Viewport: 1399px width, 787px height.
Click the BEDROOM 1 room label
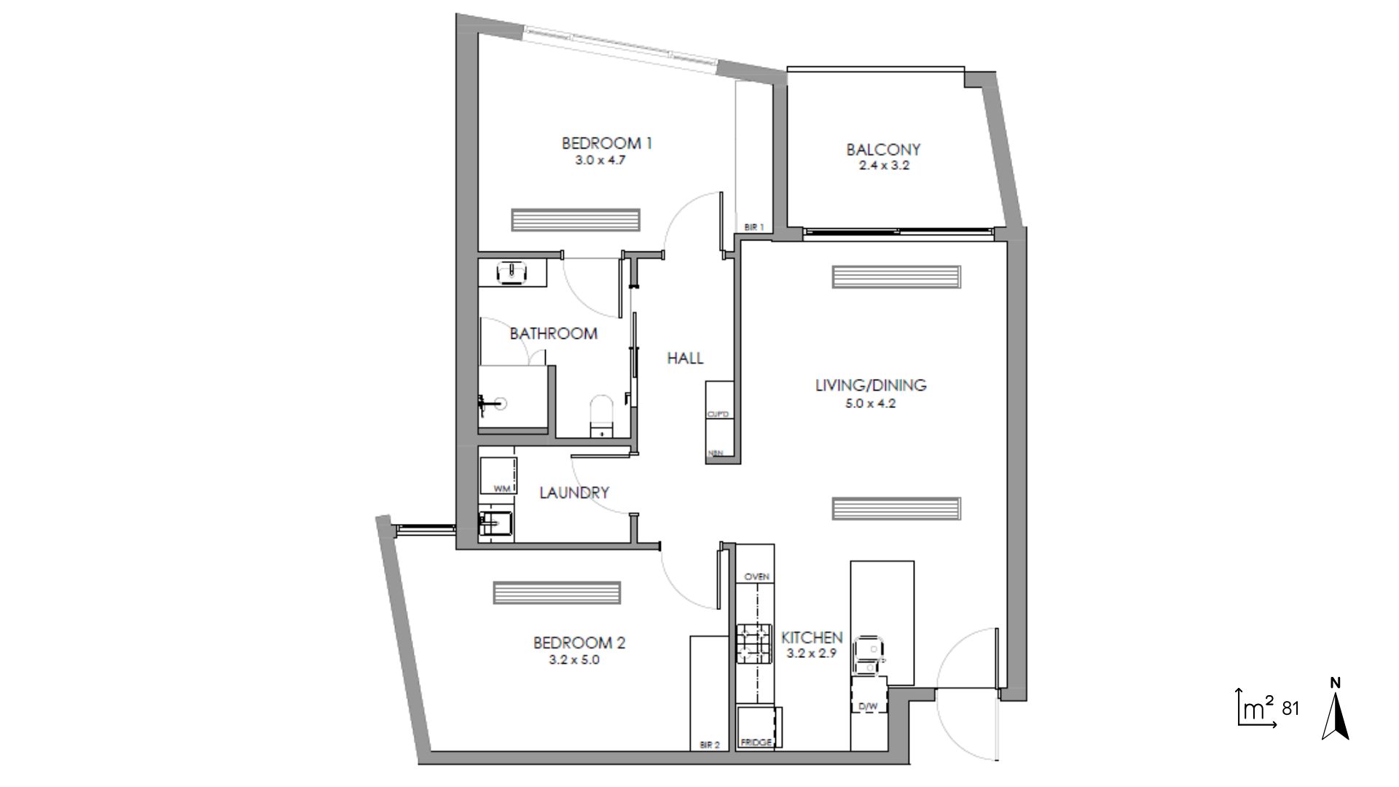(x=606, y=143)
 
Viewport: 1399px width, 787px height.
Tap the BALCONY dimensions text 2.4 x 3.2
(x=883, y=165)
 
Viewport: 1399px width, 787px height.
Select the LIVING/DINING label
(x=870, y=385)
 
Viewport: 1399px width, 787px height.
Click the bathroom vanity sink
(x=512, y=273)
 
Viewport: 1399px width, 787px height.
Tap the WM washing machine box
(x=497, y=472)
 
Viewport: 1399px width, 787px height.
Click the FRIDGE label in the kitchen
(x=756, y=743)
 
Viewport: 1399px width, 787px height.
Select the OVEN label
(x=756, y=576)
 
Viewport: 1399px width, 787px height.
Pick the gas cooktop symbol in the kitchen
(x=753, y=643)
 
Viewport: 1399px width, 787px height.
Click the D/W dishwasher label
(x=867, y=706)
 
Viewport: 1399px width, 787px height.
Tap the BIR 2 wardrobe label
(x=709, y=745)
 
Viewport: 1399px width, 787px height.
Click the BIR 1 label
(x=753, y=227)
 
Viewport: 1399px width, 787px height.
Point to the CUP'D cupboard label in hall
(x=718, y=415)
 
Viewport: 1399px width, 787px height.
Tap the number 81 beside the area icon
(x=1290, y=708)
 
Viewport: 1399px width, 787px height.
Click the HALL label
(x=685, y=358)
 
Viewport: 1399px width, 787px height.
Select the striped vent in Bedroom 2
(x=557, y=592)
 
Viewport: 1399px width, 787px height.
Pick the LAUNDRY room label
(x=573, y=493)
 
